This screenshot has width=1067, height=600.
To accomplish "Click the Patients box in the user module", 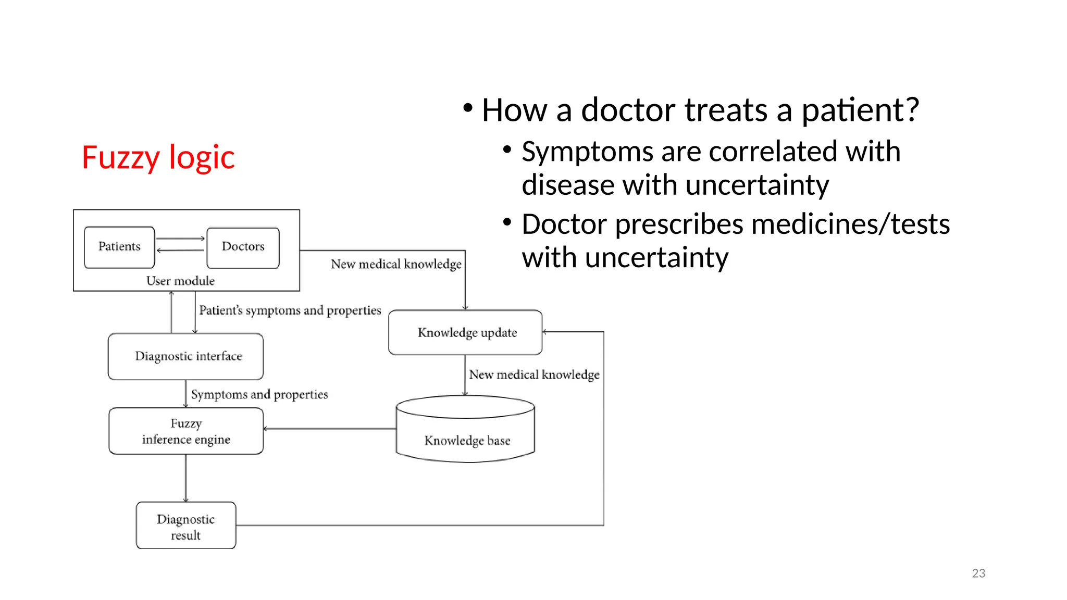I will (x=119, y=247).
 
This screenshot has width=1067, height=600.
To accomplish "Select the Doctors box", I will (x=243, y=247).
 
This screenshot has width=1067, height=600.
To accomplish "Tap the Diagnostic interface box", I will (x=186, y=356).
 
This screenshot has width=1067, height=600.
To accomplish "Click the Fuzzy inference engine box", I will (x=186, y=431).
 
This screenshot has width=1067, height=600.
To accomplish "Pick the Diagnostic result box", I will (x=186, y=526).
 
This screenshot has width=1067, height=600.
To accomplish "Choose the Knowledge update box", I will (x=465, y=332).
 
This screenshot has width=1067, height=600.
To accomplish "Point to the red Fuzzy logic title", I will (x=158, y=157).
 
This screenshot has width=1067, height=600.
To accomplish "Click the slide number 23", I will (x=978, y=573).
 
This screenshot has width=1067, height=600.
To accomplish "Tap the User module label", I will (x=180, y=281).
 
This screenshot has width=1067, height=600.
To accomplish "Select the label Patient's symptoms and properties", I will (x=290, y=310).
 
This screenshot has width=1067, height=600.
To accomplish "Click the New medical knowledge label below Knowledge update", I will (x=534, y=374).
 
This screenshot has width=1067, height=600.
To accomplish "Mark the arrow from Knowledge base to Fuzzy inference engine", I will (x=330, y=429).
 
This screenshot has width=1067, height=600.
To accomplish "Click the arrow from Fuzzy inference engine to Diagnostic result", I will (x=186, y=478).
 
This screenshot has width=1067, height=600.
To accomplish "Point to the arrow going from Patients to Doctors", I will (x=180, y=239).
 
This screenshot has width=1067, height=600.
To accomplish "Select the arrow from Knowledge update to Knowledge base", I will (x=465, y=376).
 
